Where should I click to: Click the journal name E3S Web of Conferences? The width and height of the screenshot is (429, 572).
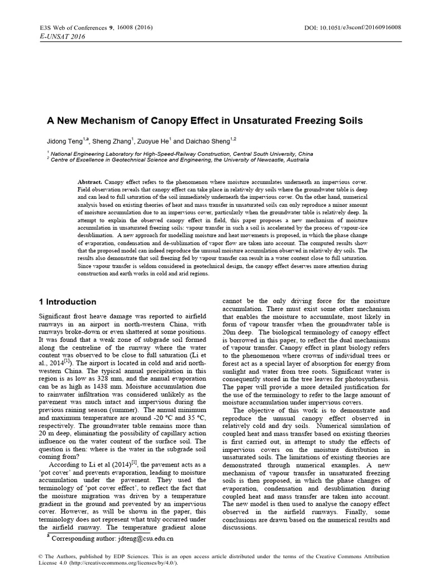[63, 27]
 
